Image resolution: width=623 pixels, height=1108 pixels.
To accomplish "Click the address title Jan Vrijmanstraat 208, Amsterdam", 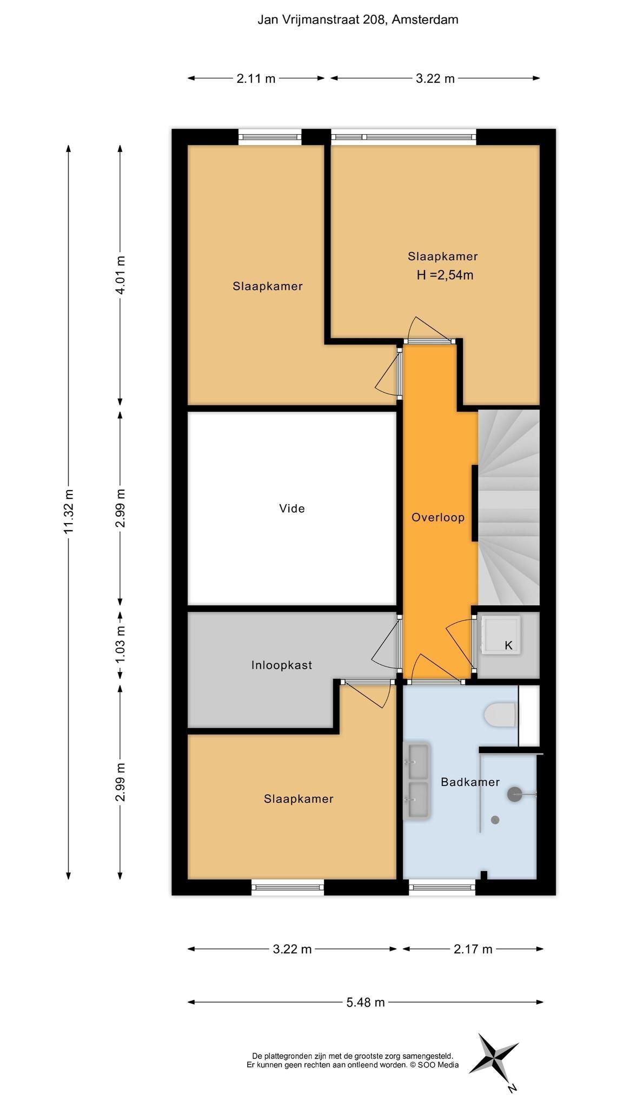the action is pyautogui.click(x=357, y=20).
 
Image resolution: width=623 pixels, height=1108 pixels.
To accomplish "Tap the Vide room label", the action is pyautogui.click(x=292, y=509).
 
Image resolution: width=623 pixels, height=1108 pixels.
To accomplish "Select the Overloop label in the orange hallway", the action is pyautogui.click(x=438, y=517).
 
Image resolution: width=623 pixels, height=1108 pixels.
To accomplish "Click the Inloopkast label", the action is pyautogui.click(x=282, y=665).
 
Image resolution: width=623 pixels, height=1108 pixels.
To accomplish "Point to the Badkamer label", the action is pyautogui.click(x=470, y=782).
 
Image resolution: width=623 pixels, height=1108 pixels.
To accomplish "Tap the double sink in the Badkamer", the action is pyautogui.click(x=416, y=781).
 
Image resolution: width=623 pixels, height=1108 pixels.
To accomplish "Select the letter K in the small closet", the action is pyautogui.click(x=508, y=645).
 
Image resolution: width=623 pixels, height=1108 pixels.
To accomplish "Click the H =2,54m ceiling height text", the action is pyautogui.click(x=445, y=275).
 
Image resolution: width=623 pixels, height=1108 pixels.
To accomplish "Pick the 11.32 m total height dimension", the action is pyautogui.click(x=69, y=511).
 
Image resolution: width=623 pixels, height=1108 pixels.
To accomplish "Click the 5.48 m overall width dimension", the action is pyautogui.click(x=366, y=1002).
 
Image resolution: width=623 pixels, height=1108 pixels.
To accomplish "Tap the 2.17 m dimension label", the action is pyautogui.click(x=473, y=948).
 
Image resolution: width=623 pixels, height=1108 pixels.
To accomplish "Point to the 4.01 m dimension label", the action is pyautogui.click(x=120, y=275).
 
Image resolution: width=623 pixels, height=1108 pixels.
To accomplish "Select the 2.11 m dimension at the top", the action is pyautogui.click(x=256, y=78).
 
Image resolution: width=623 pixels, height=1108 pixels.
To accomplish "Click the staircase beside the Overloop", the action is pyautogui.click(x=509, y=507).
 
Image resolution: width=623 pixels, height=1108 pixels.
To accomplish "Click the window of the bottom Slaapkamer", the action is pyautogui.click(x=288, y=887).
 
